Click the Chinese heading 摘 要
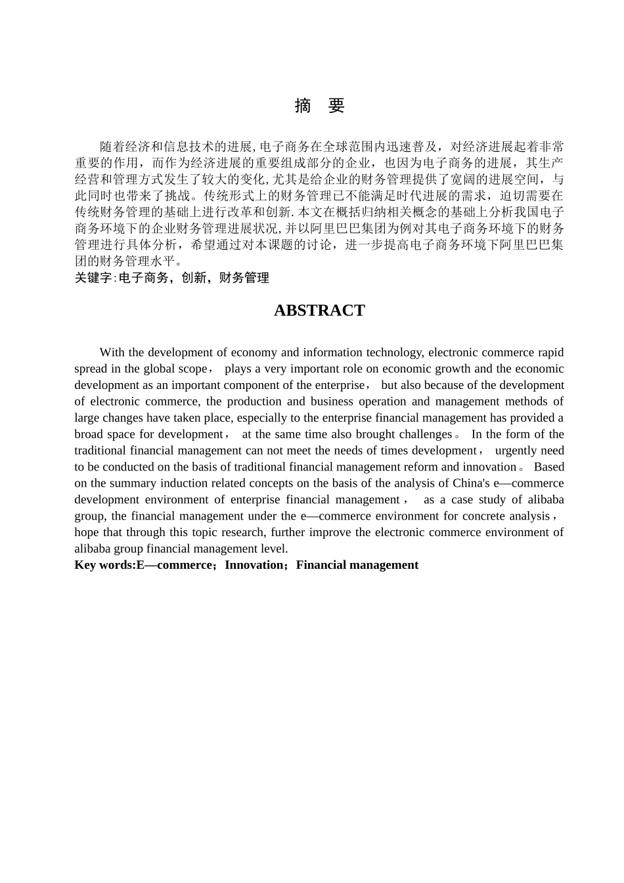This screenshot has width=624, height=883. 319,106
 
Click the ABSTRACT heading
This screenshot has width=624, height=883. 319,311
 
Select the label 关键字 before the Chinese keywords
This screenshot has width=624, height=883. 93,278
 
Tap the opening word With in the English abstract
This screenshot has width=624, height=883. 112,352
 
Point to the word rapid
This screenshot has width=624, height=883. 550,352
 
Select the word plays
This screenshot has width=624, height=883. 238,369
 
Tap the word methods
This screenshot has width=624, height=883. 531,401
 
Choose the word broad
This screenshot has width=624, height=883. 89,434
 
